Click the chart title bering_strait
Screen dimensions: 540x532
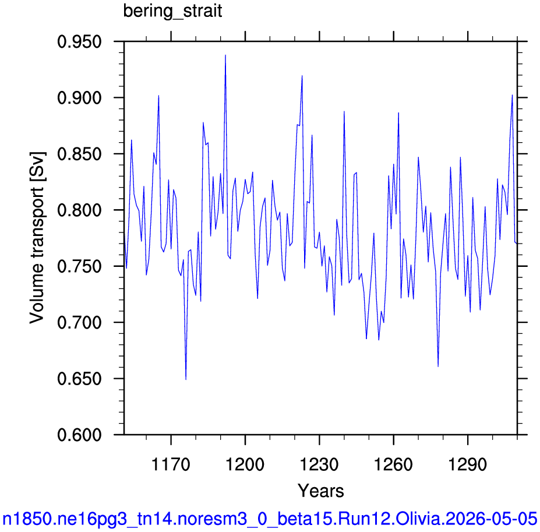(172, 12)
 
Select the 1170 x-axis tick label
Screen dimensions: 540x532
(171, 464)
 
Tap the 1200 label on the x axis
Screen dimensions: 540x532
(245, 464)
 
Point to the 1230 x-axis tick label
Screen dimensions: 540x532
(319, 464)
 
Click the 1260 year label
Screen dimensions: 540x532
(393, 464)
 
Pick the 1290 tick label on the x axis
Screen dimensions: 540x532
(468, 464)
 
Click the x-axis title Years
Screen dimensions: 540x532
(320, 491)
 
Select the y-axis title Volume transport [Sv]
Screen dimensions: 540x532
(37, 238)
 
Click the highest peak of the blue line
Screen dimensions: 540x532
(225, 55)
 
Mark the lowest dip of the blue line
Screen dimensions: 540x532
(186, 379)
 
